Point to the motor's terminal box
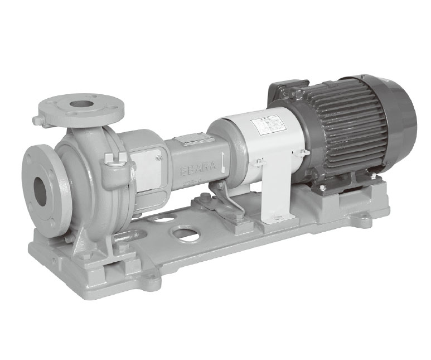[x=287, y=92]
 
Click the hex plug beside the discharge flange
[x=37, y=120]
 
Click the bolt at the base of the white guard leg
[x=278, y=217]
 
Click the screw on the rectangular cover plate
[x=159, y=158]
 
